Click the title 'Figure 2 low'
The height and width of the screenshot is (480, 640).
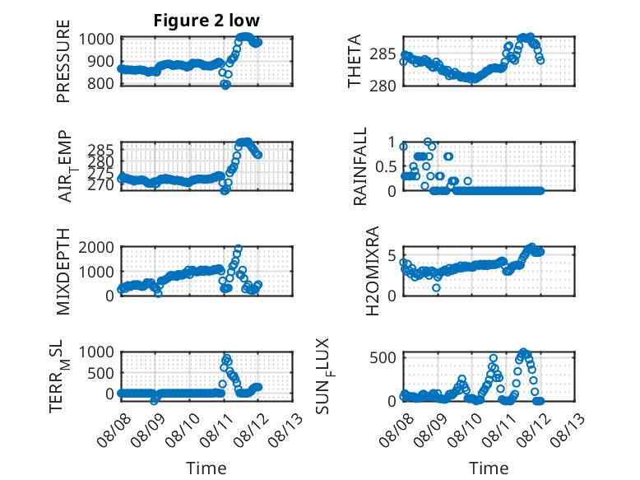tap(206, 21)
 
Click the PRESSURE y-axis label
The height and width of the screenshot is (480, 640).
tap(63, 61)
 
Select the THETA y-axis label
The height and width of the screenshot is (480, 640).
tap(355, 61)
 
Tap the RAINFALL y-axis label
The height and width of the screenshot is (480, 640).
tap(360, 166)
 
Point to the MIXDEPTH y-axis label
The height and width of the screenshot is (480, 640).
tap(63, 272)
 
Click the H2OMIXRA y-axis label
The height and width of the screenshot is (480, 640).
tap(373, 271)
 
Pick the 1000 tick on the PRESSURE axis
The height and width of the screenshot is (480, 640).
tap(96, 40)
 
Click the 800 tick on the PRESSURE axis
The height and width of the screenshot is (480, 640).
tap(100, 83)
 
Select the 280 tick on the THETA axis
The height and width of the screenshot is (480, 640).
tap(383, 86)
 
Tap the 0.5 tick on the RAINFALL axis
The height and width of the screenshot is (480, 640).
tap(386, 166)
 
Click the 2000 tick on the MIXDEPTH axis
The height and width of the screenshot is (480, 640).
tap(96, 247)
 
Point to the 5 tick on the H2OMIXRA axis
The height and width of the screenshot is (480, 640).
tap(392, 256)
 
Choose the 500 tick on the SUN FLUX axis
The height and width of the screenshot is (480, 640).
tap(383, 357)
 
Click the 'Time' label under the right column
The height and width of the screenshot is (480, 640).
tap(489, 468)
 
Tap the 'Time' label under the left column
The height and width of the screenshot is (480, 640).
tap(206, 468)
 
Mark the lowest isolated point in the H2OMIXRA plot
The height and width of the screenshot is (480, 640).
tap(436, 287)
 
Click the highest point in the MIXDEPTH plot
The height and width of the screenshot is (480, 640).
tap(239, 249)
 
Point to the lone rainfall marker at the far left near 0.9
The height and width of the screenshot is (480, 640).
tap(403, 147)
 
